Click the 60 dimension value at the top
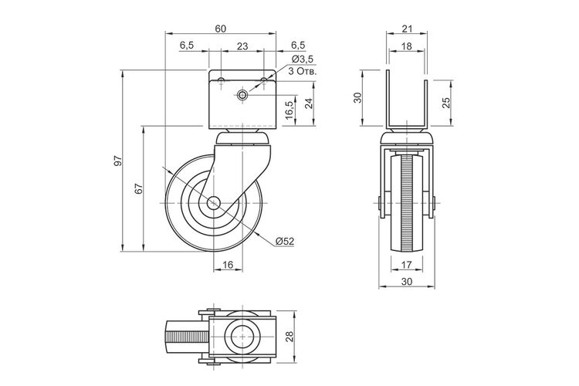tap(221, 29)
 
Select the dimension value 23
tap(242, 46)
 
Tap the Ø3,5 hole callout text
tap(303, 59)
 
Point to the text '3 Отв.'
tap(303, 71)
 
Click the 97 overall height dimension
tap(118, 161)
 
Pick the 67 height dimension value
tap(138, 188)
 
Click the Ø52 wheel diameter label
tap(285, 241)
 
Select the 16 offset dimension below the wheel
tap(229, 265)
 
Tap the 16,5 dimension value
tap(289, 110)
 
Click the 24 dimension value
tap(310, 103)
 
